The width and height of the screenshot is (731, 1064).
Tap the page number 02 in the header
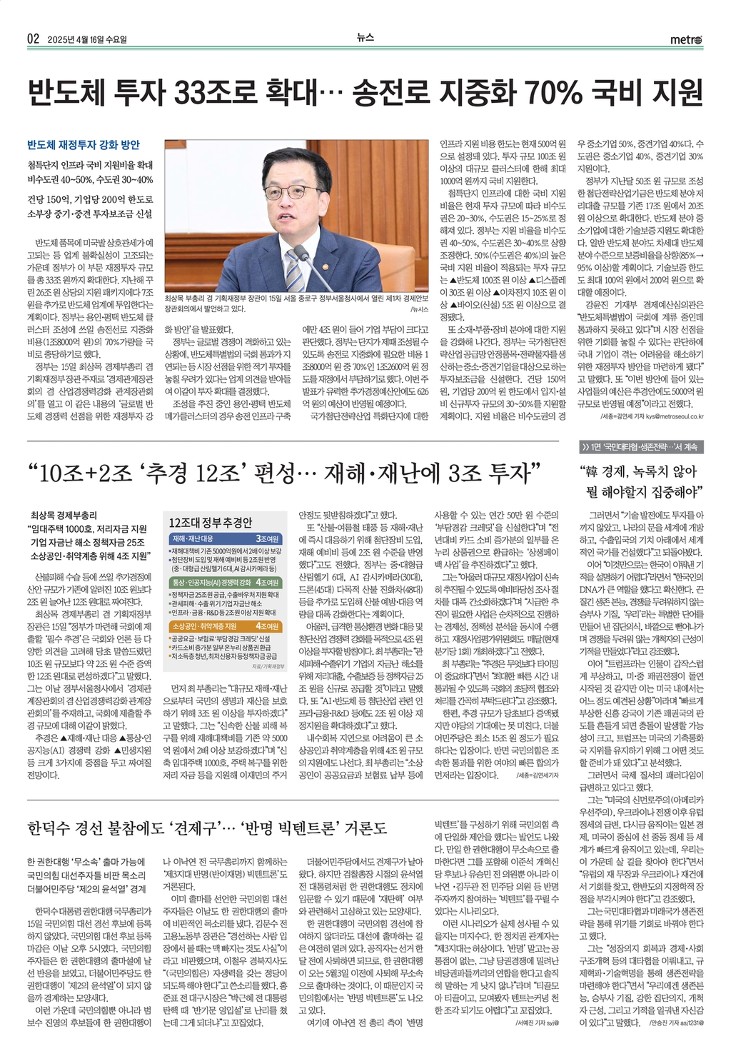pyautogui.click(x=33, y=39)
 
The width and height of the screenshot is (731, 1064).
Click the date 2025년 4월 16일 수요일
pyautogui.click(x=86, y=40)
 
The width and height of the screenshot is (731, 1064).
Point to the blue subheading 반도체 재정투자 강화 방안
pyautogui.click(x=83, y=145)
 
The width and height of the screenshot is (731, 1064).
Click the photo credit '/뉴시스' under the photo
pyautogui.click(x=419, y=309)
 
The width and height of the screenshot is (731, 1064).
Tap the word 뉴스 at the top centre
pyautogui.click(x=365, y=39)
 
